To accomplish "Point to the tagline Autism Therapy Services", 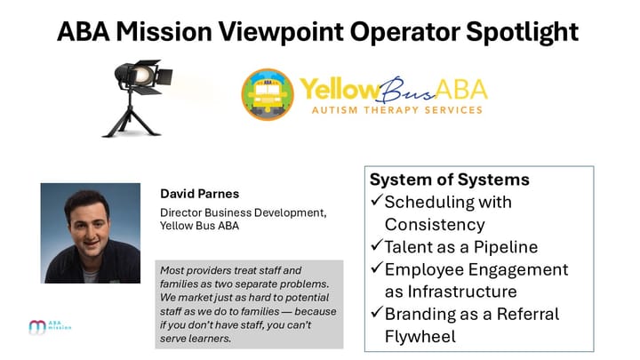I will (x=396, y=111).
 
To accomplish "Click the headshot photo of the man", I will (x=91, y=233).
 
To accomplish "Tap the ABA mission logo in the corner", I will (x=50, y=327).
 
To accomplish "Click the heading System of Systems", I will (x=449, y=180).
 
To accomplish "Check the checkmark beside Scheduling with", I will (x=376, y=203).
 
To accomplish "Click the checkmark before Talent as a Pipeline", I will (x=376, y=246).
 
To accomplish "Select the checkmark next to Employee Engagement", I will (x=376, y=269).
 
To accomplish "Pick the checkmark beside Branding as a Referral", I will (x=376, y=315).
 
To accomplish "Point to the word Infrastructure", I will (x=468, y=292).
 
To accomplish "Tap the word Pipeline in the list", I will (x=506, y=247).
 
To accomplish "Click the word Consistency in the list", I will (x=435, y=225).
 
